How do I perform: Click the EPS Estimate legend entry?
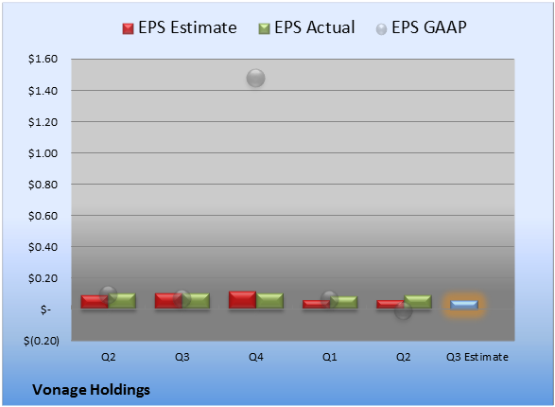click(x=180, y=27)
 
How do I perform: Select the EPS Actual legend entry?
click(x=306, y=27)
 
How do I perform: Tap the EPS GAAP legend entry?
click(x=421, y=27)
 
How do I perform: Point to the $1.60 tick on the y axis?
click(x=43, y=59)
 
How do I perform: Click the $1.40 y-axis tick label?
click(x=43, y=91)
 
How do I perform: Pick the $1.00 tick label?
click(x=43, y=153)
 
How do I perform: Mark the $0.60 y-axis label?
click(x=43, y=216)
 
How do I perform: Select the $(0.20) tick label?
click(x=42, y=341)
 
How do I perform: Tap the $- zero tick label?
click(x=45, y=310)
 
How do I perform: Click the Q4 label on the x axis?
click(x=256, y=357)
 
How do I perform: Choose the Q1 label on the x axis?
click(x=330, y=357)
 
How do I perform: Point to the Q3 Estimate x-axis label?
click(x=477, y=357)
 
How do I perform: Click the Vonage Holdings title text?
click(x=92, y=390)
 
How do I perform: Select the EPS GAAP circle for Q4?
click(x=255, y=78)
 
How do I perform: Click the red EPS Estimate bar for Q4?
click(x=242, y=300)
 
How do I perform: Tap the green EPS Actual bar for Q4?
click(x=269, y=301)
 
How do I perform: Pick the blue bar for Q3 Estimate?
click(x=464, y=305)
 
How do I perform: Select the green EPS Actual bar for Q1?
click(x=343, y=302)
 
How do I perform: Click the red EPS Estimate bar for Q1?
click(x=316, y=304)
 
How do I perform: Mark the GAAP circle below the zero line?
click(x=403, y=311)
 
